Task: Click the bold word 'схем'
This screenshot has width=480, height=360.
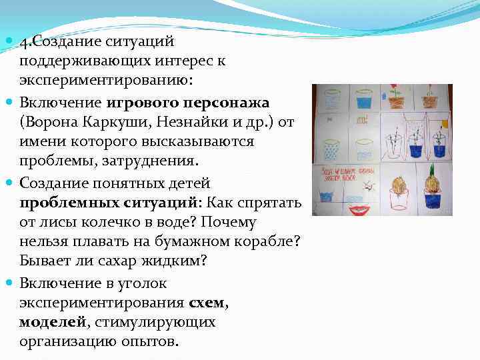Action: click(x=207, y=303)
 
